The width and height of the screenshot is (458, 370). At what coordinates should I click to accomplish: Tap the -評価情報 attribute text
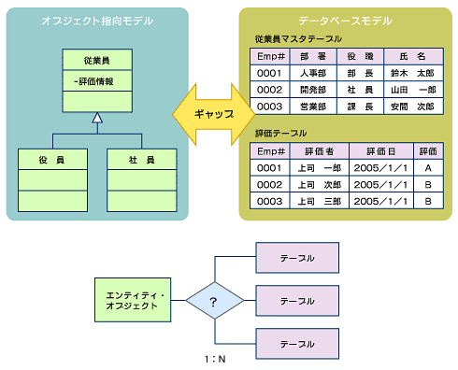pos(93,81)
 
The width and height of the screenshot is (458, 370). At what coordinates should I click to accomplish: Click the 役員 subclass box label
pos(52,161)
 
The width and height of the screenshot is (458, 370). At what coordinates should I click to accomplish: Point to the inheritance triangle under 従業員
pos(97,118)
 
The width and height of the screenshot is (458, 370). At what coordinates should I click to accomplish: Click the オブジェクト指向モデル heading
pos(96,21)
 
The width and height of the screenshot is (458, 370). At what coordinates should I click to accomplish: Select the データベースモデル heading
pos(344,21)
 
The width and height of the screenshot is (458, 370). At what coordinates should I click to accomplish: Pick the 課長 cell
pos(360,107)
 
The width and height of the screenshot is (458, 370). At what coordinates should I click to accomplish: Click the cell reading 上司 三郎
pos(318,201)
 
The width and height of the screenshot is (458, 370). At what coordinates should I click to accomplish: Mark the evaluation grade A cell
pos(428,167)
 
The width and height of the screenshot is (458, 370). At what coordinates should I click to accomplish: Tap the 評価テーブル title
pos(281,134)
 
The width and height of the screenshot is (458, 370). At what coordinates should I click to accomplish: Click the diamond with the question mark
pos(214,301)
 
